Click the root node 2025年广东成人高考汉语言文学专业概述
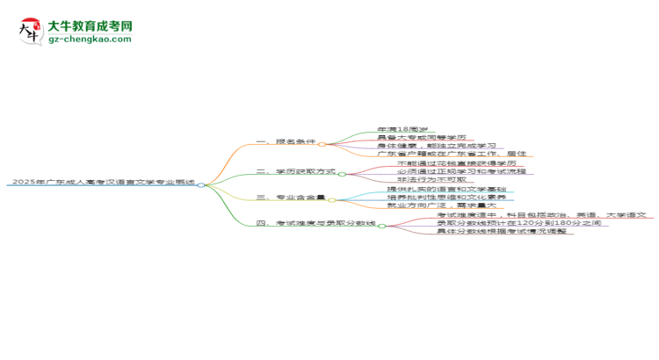click(x=101, y=183)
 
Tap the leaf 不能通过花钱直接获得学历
click(x=448, y=163)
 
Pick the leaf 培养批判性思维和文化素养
click(x=446, y=198)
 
